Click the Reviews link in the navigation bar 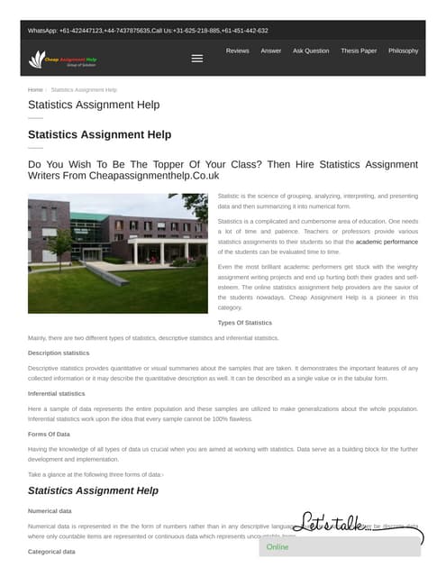(237, 51)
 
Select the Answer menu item (270, 51)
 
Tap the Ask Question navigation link (311, 51)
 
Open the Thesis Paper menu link (359, 51)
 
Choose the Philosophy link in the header (403, 51)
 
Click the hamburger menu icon (197, 59)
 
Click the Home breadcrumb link (35, 90)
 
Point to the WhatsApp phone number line (148, 31)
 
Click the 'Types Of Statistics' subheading (245, 323)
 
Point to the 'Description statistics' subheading (59, 353)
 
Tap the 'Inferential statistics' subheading (57, 394)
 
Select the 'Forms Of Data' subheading (50, 435)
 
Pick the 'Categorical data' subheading (52, 551)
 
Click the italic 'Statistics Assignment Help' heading (93, 490)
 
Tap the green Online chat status (278, 546)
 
